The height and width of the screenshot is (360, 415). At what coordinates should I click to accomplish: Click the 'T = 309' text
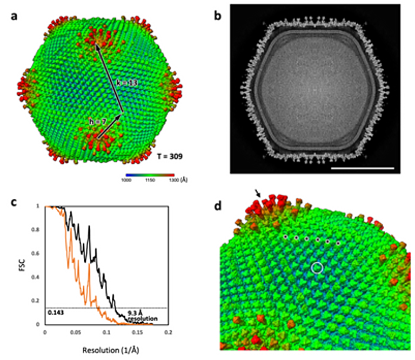click(169, 157)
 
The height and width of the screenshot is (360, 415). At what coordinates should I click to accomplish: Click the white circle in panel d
click(318, 268)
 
